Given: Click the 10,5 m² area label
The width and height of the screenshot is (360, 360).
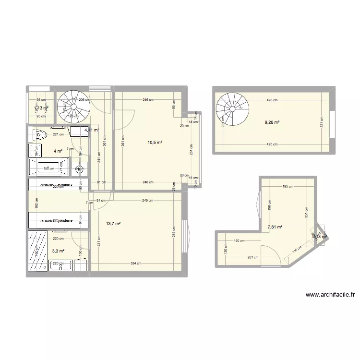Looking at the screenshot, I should (x=155, y=143).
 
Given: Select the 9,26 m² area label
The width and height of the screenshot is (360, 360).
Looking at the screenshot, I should (x=272, y=122).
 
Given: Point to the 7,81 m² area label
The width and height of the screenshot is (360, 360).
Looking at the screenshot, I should (x=275, y=228).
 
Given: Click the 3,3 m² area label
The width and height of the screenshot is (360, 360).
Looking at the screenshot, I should (x=58, y=251).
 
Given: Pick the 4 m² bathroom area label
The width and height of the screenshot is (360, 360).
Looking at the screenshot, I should (x=58, y=151).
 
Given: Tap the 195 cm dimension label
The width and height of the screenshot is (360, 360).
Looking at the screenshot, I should (x=288, y=187).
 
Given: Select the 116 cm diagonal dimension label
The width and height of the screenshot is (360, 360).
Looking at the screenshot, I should (x=297, y=250).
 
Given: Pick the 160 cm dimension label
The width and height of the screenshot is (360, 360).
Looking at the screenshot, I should (x=239, y=241).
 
